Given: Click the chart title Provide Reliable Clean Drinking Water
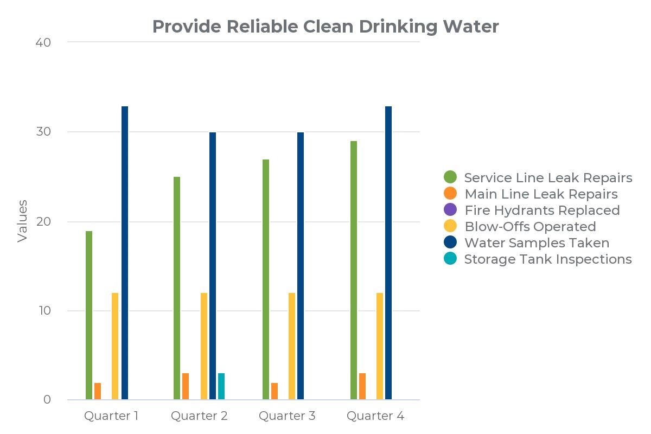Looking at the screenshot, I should pyautogui.click(x=325, y=26).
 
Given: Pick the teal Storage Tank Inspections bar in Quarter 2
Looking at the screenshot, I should pyautogui.click(x=221, y=387).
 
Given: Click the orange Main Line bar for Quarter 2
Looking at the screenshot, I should pyautogui.click(x=186, y=387).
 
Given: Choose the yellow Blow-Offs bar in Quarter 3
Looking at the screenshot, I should pyautogui.click(x=292, y=347).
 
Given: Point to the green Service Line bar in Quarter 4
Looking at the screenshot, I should pyautogui.click(x=354, y=271).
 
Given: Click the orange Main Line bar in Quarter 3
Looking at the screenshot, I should pyautogui.click(x=275, y=392).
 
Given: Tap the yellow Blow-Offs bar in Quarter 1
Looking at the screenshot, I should pyautogui.click(x=115, y=347).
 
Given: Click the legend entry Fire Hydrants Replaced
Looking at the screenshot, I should pyautogui.click(x=541, y=210).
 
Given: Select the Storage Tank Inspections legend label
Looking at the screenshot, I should pyautogui.click(x=547, y=259).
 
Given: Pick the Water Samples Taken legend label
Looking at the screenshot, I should pyautogui.click(x=537, y=242).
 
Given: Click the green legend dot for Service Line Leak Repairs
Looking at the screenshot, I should pyautogui.click(x=450, y=177).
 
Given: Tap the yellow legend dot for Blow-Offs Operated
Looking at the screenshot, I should pyautogui.click(x=450, y=226).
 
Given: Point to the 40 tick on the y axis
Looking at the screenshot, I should pyautogui.click(x=43, y=42).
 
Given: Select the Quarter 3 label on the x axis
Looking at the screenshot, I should pyautogui.click(x=287, y=416).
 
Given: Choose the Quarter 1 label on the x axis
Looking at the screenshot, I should pyautogui.click(x=111, y=416).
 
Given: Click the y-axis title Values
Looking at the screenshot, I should pyautogui.click(x=22, y=221).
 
